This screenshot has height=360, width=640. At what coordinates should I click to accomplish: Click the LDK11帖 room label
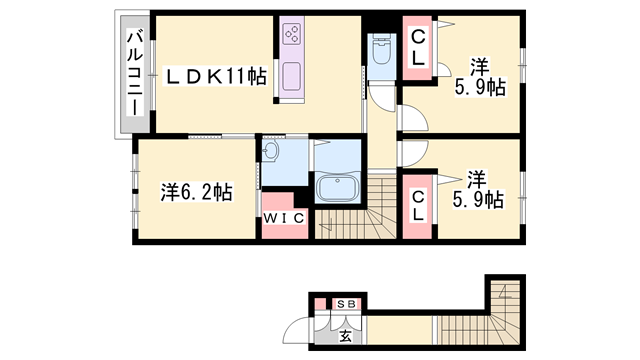click(x=216, y=76)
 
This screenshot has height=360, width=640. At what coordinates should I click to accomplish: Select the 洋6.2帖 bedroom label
click(x=197, y=192)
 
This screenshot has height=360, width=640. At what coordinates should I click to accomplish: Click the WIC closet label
click(x=284, y=218)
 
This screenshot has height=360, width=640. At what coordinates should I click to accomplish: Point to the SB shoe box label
click(x=346, y=304)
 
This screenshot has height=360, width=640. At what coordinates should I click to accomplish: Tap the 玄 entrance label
click(x=345, y=336)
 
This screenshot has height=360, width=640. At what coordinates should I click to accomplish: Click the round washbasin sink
click(x=269, y=151)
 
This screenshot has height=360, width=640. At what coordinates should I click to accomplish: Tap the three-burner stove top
click(x=292, y=34)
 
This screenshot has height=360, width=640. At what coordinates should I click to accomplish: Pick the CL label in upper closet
click(x=418, y=49)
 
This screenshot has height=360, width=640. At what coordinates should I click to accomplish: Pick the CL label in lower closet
click(x=418, y=206)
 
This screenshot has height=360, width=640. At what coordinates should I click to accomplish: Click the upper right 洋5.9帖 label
click(x=480, y=77)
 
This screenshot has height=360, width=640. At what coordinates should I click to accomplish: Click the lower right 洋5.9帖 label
click(x=478, y=190)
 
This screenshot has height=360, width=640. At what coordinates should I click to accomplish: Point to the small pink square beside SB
click(x=321, y=304)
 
